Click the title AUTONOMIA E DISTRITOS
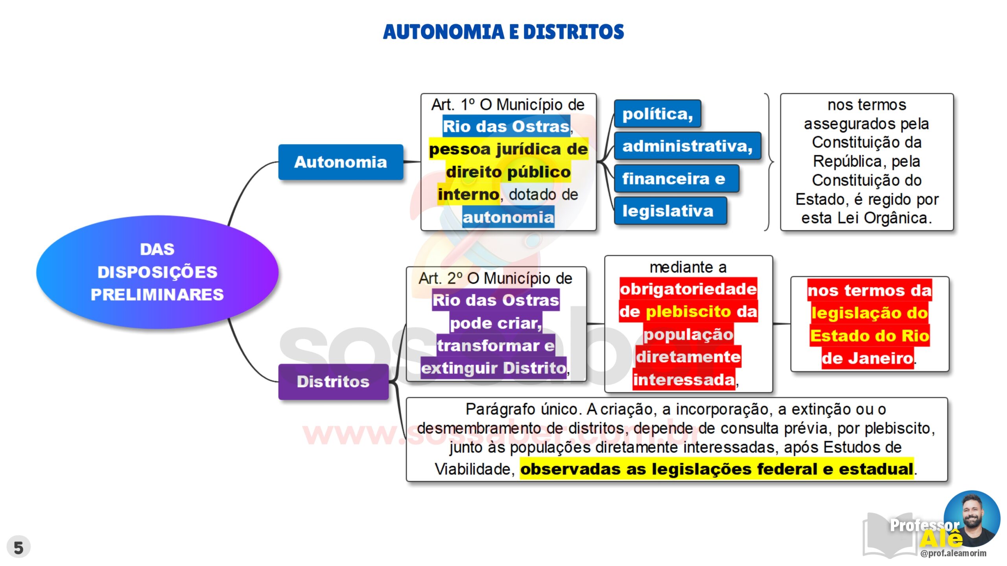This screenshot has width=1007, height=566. click(x=503, y=32)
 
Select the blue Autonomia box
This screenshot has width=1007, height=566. click(x=341, y=162)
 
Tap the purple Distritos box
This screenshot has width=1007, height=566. click(x=334, y=382)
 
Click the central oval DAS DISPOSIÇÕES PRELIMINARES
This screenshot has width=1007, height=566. click(x=157, y=272)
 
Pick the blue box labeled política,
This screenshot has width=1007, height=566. click(x=658, y=114)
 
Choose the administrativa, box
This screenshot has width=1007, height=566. click(x=688, y=146)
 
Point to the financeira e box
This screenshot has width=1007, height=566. click(x=677, y=178)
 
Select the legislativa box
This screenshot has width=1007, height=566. click(x=670, y=211)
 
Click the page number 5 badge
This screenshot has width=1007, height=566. click(x=18, y=547)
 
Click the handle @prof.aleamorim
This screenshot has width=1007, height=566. click(x=953, y=553)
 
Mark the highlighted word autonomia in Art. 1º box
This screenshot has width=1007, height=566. click(x=508, y=217)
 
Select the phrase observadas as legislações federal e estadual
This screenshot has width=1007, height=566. click(x=717, y=469)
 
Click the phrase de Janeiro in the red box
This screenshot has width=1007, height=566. click(x=867, y=358)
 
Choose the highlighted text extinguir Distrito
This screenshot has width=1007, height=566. click(x=494, y=368)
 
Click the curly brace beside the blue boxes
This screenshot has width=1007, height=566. click(x=769, y=162)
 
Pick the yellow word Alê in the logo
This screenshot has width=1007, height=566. click(x=941, y=538)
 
